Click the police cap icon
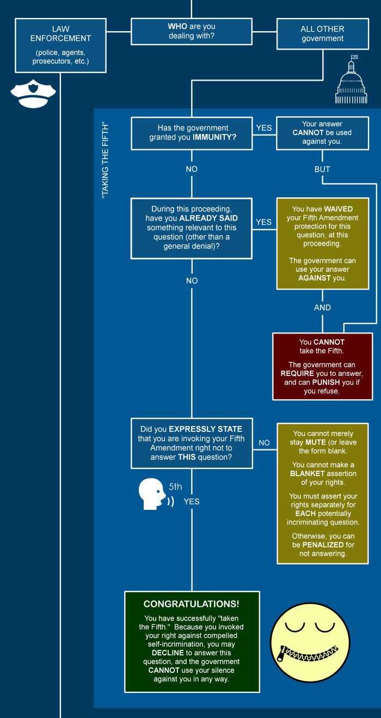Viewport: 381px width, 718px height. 33,94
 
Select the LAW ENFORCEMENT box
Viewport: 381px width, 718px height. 60,45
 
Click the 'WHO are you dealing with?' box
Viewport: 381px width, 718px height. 192,31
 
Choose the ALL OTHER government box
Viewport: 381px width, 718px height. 322,34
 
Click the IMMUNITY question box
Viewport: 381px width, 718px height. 192,133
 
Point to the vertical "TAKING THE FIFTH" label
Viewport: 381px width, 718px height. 106,160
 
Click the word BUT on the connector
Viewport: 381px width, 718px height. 322,169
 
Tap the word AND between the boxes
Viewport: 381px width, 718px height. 322,308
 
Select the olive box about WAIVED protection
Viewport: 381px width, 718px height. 322,243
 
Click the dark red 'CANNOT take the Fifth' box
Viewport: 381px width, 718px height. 322,366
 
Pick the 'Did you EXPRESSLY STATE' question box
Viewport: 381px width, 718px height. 192,443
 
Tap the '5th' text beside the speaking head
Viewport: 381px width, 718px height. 175,487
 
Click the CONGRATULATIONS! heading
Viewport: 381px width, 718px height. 191,604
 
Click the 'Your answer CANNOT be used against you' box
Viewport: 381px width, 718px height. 322,133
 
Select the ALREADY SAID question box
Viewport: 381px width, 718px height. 192,228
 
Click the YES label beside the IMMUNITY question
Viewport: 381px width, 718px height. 264,128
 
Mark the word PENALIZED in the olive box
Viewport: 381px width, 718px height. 323,545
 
